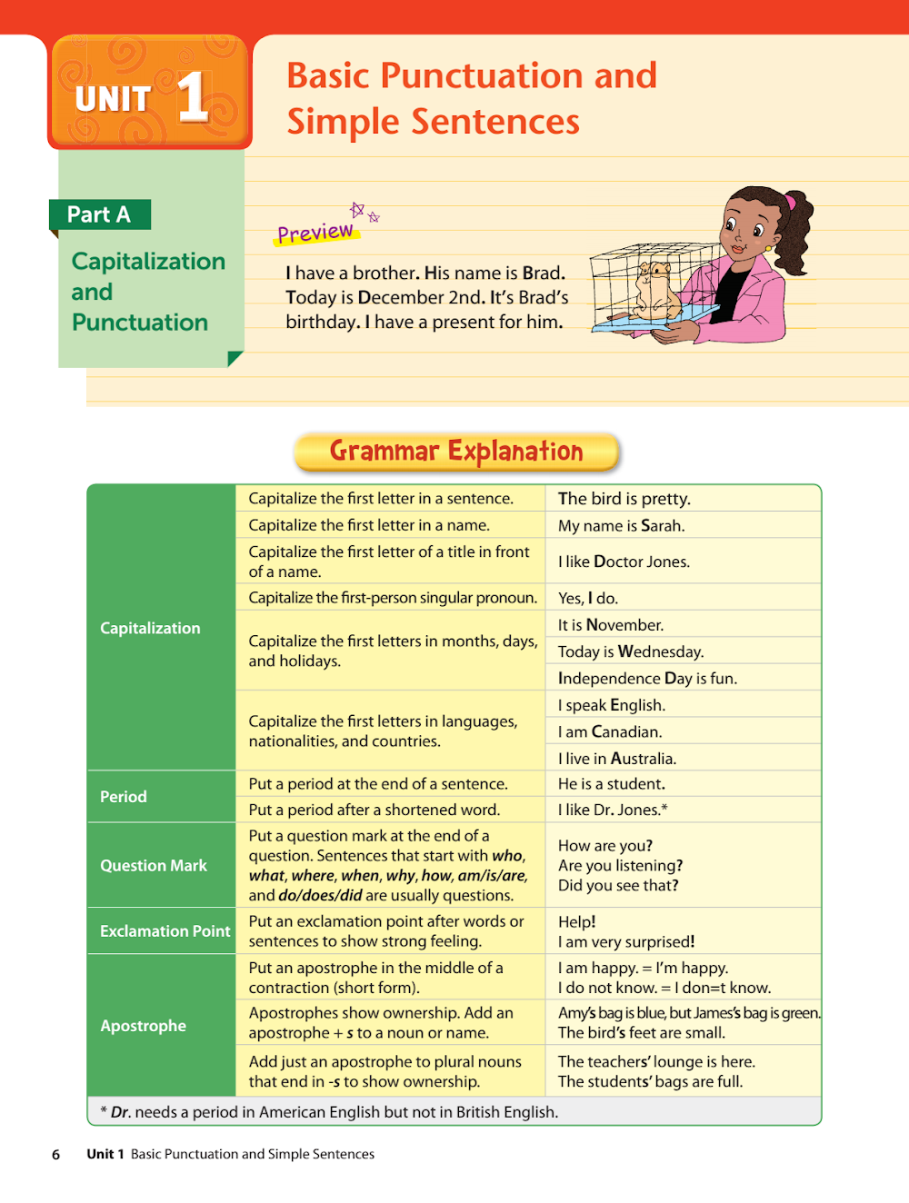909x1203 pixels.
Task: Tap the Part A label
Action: [x=99, y=214]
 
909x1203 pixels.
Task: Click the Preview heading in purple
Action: [x=315, y=233]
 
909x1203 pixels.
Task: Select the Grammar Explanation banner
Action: [x=456, y=452]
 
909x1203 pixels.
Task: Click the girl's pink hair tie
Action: [x=790, y=202]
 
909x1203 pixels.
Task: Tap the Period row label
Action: [x=124, y=797]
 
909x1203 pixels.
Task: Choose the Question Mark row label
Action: [x=154, y=866]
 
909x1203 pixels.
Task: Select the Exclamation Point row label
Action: [x=165, y=931]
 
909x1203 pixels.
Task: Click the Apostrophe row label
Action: [x=143, y=1026]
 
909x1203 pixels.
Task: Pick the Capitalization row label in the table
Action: [x=150, y=628]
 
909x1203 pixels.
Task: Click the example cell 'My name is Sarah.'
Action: [x=622, y=526]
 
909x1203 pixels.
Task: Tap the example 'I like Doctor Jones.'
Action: [x=624, y=562]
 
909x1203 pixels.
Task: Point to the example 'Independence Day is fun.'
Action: [x=647, y=679]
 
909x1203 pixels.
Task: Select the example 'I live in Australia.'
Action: [x=617, y=759]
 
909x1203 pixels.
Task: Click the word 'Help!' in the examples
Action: [x=577, y=922]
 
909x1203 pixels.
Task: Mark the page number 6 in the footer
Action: [x=56, y=1155]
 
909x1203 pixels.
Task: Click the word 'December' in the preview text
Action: [x=400, y=298]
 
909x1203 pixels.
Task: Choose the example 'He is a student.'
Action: [x=612, y=784]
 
